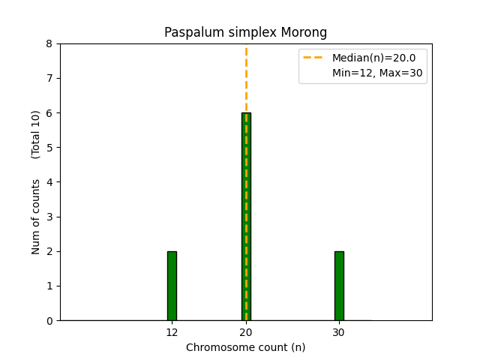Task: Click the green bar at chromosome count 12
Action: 172,286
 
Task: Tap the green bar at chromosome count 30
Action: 339,286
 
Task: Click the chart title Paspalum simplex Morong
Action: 245,33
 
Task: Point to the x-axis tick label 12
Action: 172,332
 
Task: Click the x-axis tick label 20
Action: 246,332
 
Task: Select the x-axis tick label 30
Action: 339,332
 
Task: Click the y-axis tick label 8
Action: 49,43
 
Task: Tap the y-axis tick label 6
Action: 49,113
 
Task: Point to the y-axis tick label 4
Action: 49,182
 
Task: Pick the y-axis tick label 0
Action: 49,321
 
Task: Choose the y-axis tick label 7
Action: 49,79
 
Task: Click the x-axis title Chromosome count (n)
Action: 245,347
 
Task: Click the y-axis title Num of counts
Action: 36,216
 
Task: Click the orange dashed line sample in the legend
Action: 315,58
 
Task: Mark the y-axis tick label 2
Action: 49,252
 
